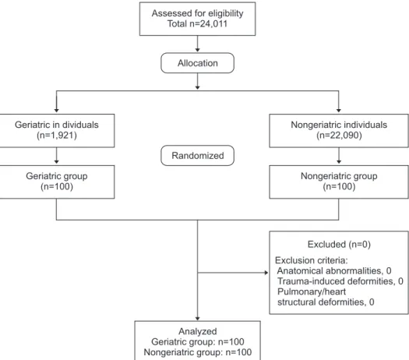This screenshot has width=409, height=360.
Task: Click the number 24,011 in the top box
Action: click(x=213, y=23)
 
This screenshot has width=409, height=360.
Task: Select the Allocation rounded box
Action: click(x=197, y=63)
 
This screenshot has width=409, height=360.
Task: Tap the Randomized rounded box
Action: click(x=197, y=156)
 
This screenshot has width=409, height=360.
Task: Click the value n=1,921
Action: click(x=57, y=136)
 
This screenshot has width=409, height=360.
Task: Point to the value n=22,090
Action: click(x=339, y=136)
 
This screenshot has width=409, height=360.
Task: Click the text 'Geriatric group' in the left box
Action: click(x=57, y=176)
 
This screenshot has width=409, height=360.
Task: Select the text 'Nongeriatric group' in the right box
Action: click(x=339, y=176)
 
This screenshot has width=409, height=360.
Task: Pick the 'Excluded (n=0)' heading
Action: click(x=339, y=245)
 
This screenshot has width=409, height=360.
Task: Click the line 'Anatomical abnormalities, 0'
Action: click(x=334, y=271)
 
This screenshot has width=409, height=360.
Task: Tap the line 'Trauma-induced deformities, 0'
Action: click(x=340, y=281)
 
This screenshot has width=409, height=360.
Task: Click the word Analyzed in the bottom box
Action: click(x=197, y=331)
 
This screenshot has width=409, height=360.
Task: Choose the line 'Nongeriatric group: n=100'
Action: click(x=197, y=352)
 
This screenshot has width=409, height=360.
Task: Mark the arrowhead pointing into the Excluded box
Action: click(x=266, y=273)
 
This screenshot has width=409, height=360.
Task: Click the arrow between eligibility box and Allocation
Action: click(x=197, y=44)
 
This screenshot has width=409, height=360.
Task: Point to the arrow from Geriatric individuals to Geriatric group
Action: click(x=56, y=156)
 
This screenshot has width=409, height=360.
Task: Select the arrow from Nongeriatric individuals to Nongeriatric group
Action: click(x=339, y=156)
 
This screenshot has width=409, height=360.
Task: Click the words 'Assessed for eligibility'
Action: click(x=197, y=13)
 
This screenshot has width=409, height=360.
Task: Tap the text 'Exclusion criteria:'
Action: click(x=312, y=260)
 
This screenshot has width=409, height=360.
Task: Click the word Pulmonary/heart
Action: click(x=312, y=291)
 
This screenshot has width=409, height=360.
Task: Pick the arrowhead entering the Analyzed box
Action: click(x=197, y=319)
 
